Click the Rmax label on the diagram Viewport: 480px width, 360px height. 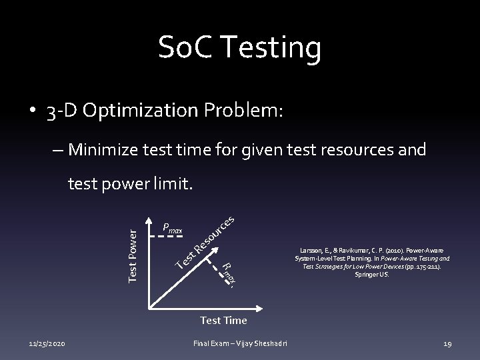click(x=228, y=273)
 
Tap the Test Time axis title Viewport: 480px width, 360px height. click(x=223, y=321)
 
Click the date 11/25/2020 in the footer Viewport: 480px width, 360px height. click(x=47, y=344)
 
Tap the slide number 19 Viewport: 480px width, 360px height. click(x=447, y=344)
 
